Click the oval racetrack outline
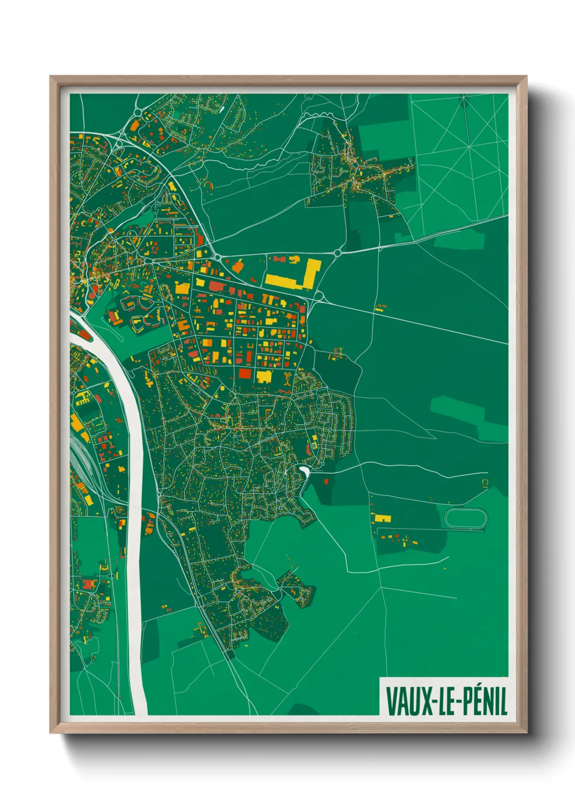click(466, 518)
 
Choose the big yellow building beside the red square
click(264, 376)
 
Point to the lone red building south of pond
click(326, 481)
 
